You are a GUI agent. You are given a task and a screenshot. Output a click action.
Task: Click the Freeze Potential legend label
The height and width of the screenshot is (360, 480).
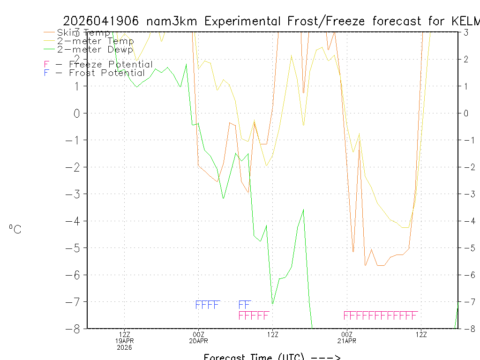[110, 64]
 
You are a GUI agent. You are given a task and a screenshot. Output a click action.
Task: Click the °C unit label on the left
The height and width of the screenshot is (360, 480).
[15, 229]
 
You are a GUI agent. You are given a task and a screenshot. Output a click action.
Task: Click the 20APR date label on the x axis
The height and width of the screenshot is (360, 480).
[199, 341]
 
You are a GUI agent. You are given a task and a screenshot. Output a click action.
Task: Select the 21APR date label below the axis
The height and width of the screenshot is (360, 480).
[347, 341]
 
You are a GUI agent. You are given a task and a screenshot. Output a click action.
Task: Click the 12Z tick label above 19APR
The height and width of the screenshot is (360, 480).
[124, 334]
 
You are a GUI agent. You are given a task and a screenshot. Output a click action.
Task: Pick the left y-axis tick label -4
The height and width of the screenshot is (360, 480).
[75, 221]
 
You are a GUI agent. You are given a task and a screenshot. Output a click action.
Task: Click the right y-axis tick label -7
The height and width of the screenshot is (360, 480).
[466, 301]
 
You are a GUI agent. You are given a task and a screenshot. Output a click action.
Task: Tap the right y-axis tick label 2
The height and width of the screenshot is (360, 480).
[466, 59]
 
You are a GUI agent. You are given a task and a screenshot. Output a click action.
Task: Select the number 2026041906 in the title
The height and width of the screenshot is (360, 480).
[101, 21]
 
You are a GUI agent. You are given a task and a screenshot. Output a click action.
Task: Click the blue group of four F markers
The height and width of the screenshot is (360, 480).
[207, 305]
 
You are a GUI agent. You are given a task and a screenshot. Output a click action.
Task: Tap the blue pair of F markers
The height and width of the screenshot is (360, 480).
[245, 305]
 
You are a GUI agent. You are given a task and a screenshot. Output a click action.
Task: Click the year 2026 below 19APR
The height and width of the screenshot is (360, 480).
[124, 347]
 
